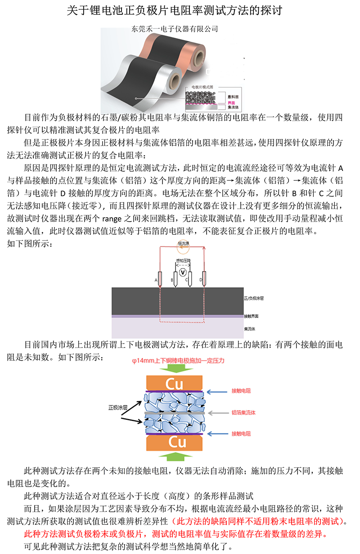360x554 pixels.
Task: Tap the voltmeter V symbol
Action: [x=182, y=273]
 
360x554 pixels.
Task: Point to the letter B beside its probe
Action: [x=171, y=280]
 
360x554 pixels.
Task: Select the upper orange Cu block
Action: [x=174, y=384]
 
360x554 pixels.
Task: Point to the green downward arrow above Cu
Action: [x=174, y=368]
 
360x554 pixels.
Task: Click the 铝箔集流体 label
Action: [x=243, y=412]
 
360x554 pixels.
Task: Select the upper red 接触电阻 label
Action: [x=241, y=391]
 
